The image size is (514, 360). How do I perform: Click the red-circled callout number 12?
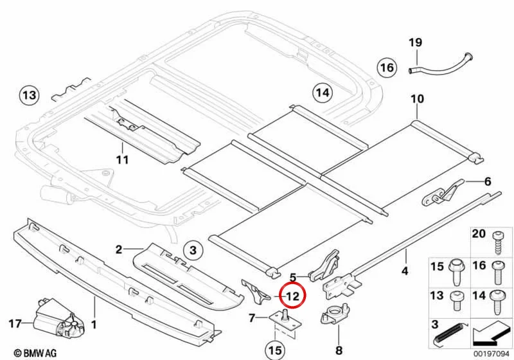tap(293, 296)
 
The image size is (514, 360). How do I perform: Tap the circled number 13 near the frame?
tap(29, 95)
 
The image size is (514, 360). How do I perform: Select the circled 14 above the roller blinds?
tap(323, 93)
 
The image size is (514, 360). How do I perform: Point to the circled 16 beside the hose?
tap(387, 67)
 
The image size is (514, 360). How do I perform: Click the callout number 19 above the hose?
tap(415, 42)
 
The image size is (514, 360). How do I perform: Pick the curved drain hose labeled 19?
tap(440, 64)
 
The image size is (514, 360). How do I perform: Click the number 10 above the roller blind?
tap(417, 99)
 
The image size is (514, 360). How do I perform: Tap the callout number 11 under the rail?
tap(122, 159)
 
